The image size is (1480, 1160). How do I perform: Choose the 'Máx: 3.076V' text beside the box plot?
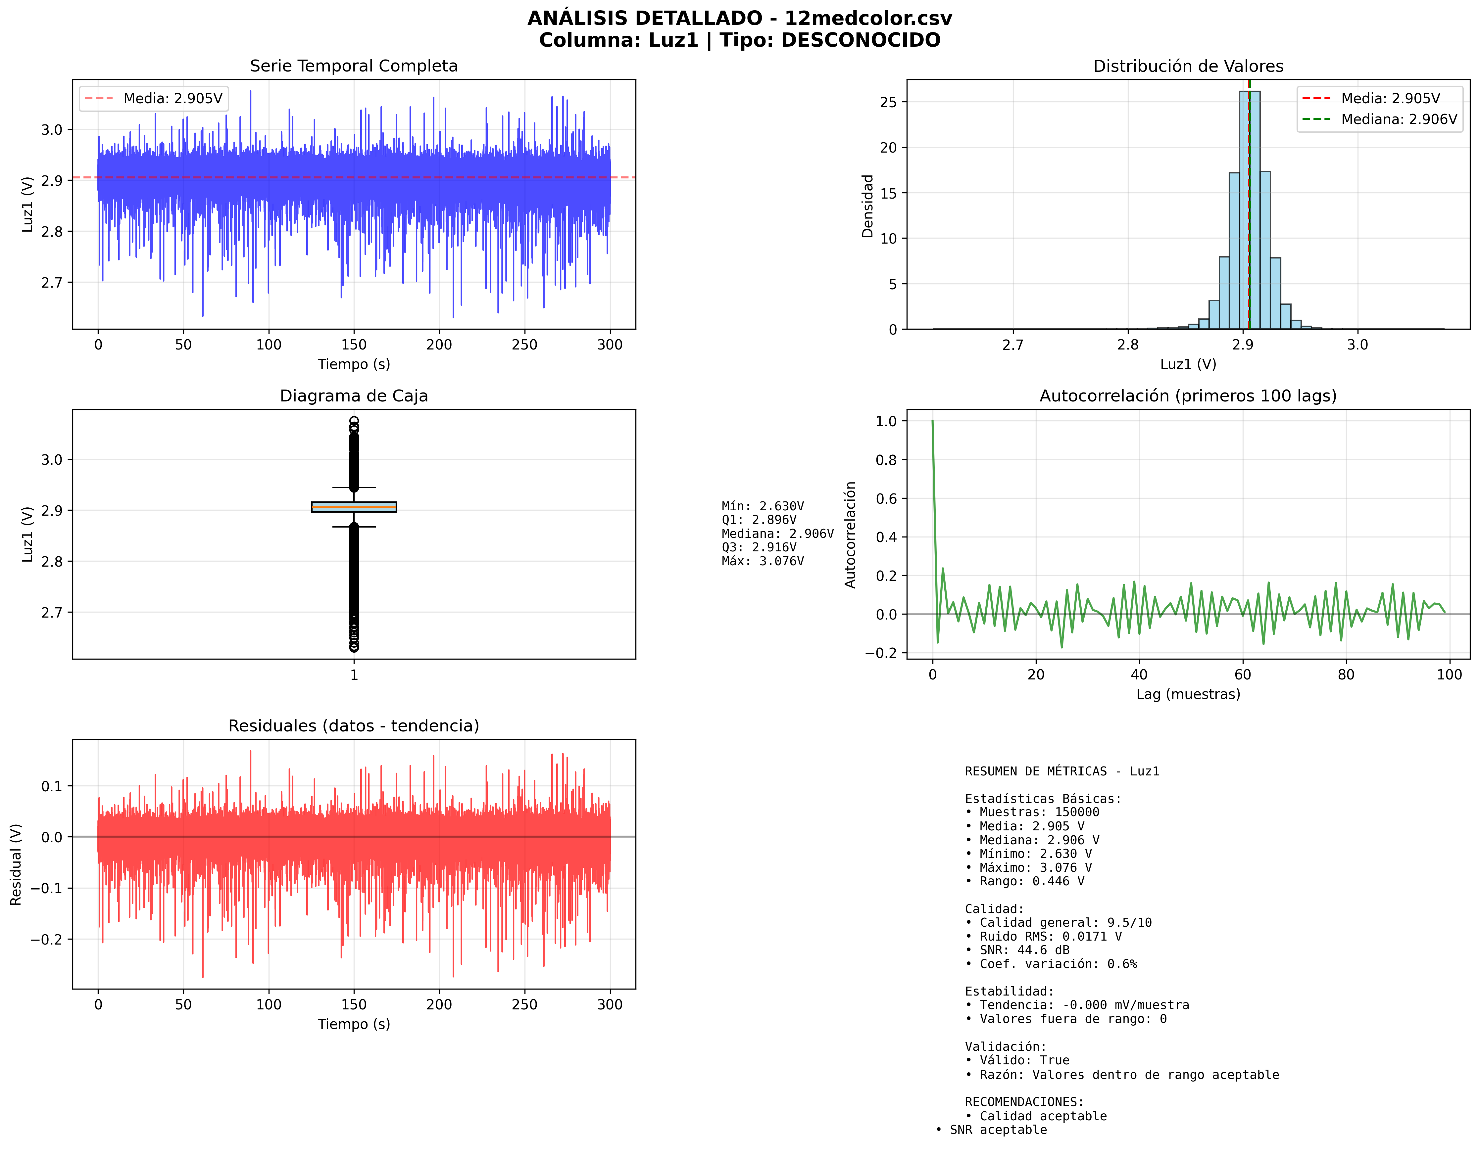[763, 561]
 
